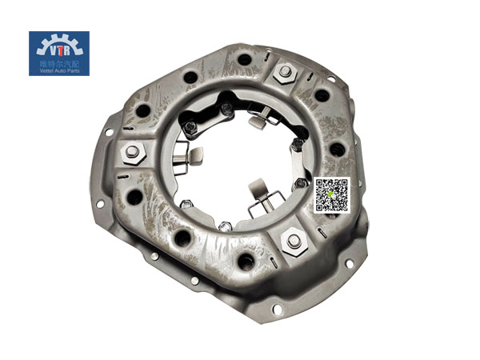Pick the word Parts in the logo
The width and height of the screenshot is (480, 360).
click(73, 71)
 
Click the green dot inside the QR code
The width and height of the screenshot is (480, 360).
click(330, 195)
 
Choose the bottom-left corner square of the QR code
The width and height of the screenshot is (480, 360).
click(319, 207)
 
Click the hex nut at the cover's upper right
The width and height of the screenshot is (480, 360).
click(284, 73)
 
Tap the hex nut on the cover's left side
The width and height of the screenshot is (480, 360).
click(132, 151)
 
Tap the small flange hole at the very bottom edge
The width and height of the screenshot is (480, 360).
click(277, 309)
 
